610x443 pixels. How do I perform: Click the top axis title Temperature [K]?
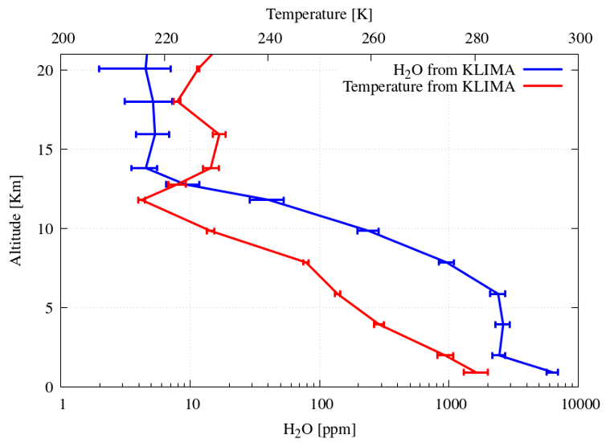(x=319, y=14)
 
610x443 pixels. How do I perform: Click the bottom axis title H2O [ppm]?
(x=319, y=429)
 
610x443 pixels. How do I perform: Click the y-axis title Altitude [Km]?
(x=16, y=220)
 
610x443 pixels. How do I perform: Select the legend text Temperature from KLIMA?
(x=428, y=86)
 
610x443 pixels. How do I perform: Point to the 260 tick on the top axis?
(x=373, y=38)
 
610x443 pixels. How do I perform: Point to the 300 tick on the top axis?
(x=579, y=38)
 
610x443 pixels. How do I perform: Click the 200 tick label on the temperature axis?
(x=63, y=38)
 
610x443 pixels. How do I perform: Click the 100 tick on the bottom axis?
(x=320, y=405)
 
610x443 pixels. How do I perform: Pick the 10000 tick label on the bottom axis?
(x=577, y=405)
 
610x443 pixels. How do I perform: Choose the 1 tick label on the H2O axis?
(x=63, y=405)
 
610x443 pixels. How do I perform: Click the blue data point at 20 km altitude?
(x=145, y=69)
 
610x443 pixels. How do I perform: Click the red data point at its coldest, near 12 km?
(x=141, y=199)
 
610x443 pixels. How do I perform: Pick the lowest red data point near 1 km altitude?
(x=475, y=371)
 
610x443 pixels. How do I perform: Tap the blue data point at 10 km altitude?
(x=368, y=231)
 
